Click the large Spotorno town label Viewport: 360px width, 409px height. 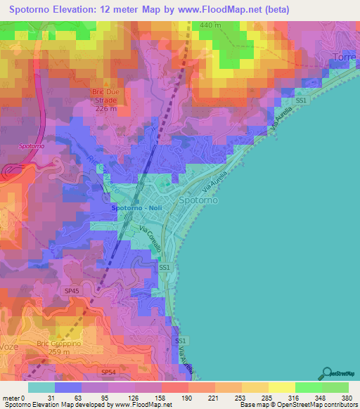click(x=198, y=200)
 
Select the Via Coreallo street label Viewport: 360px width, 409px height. click(x=150, y=241)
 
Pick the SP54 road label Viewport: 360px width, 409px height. click(x=108, y=371)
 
